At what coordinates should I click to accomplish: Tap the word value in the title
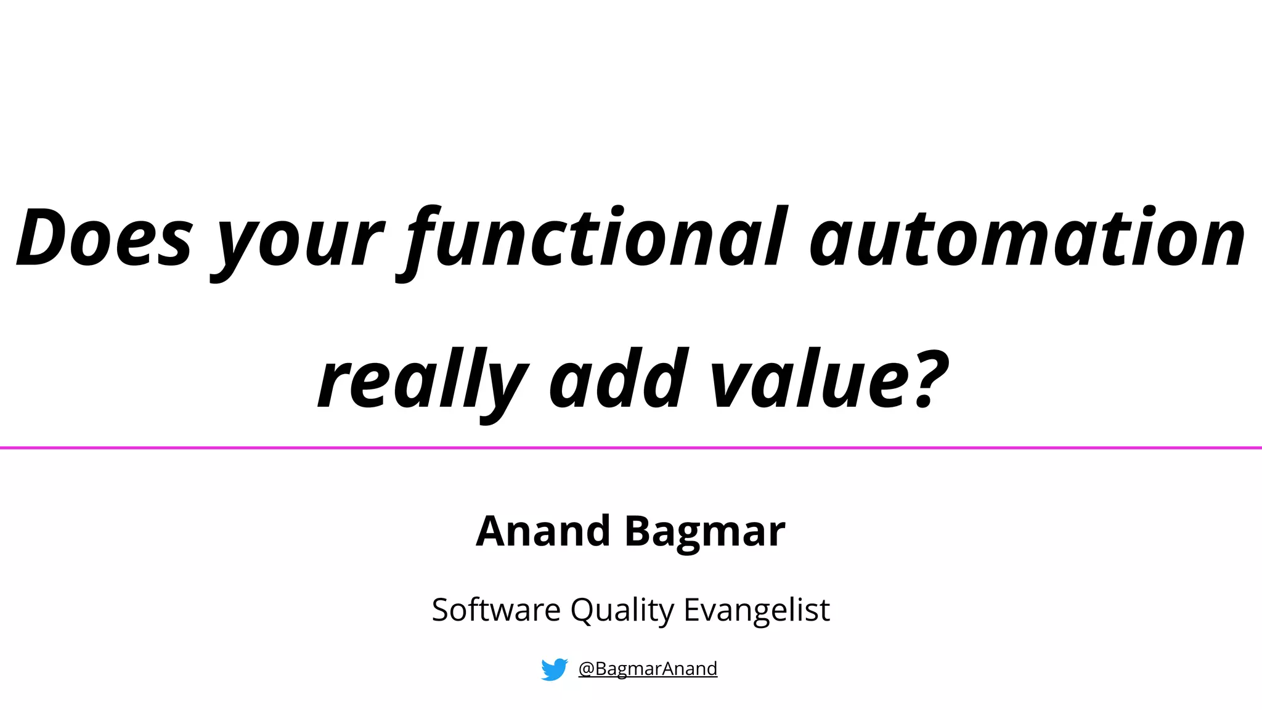point(800,380)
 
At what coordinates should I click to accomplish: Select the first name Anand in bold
point(543,531)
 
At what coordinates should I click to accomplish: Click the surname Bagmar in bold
point(705,532)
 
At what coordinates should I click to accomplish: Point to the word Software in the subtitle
point(496,610)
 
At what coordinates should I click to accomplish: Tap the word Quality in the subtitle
point(622,610)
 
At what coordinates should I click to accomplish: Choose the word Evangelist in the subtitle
point(757,610)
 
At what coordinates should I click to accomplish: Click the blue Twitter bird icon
point(554,669)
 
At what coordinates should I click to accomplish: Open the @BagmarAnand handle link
point(648,669)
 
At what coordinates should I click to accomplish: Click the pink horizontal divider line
point(631,447)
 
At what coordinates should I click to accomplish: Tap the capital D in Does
point(46,238)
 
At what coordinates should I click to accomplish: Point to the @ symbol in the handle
point(586,669)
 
